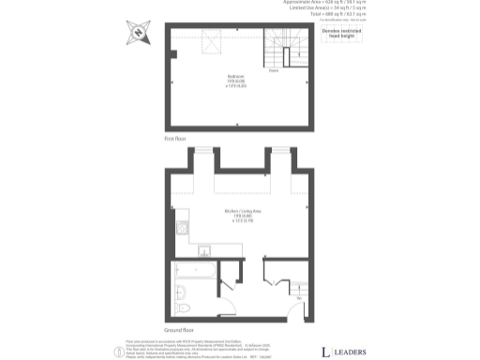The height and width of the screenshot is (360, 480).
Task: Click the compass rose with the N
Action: coord(139,33)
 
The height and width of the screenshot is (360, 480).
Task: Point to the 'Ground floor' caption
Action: coord(179,330)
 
